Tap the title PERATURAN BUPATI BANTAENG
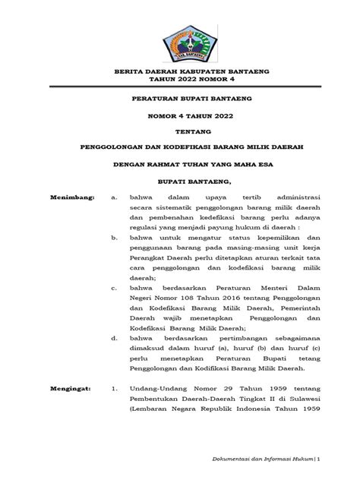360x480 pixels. [179, 99]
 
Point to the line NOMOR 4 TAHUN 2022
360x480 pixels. [179, 118]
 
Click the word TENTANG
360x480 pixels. [179, 131]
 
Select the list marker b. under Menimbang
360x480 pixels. [113, 238]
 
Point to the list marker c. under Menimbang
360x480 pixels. [113, 289]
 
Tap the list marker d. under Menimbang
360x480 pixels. [113, 338]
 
